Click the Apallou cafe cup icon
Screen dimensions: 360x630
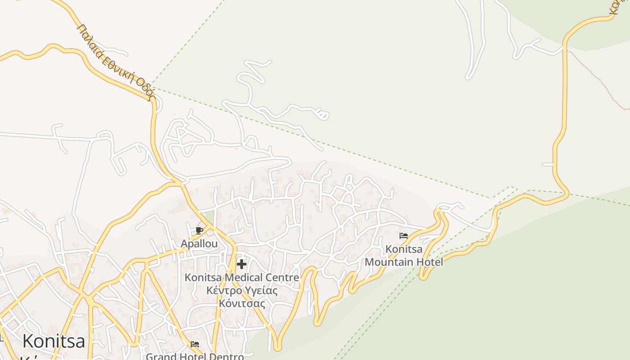coord(199,231)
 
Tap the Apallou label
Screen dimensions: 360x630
coord(199,244)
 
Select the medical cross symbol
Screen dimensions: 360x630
coord(242,264)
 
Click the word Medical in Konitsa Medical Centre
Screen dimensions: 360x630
coord(242,278)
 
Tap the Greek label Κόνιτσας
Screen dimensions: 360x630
coord(242,303)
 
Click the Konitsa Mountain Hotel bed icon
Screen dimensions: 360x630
coord(404,235)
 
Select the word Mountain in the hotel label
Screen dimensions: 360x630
coord(389,262)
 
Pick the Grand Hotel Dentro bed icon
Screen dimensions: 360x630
coord(195,344)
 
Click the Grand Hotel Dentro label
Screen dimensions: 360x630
coord(194,356)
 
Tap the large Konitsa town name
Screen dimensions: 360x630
coord(54,341)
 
